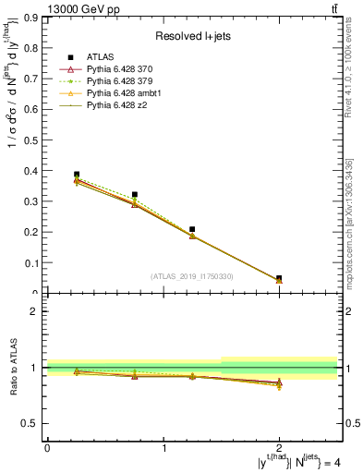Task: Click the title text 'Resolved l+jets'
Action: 190,36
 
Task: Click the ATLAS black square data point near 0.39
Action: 77,174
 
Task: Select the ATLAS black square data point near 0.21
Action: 192,229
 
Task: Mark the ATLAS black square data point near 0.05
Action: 279,278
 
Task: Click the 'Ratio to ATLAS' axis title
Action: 14,367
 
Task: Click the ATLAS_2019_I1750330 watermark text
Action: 191,276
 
